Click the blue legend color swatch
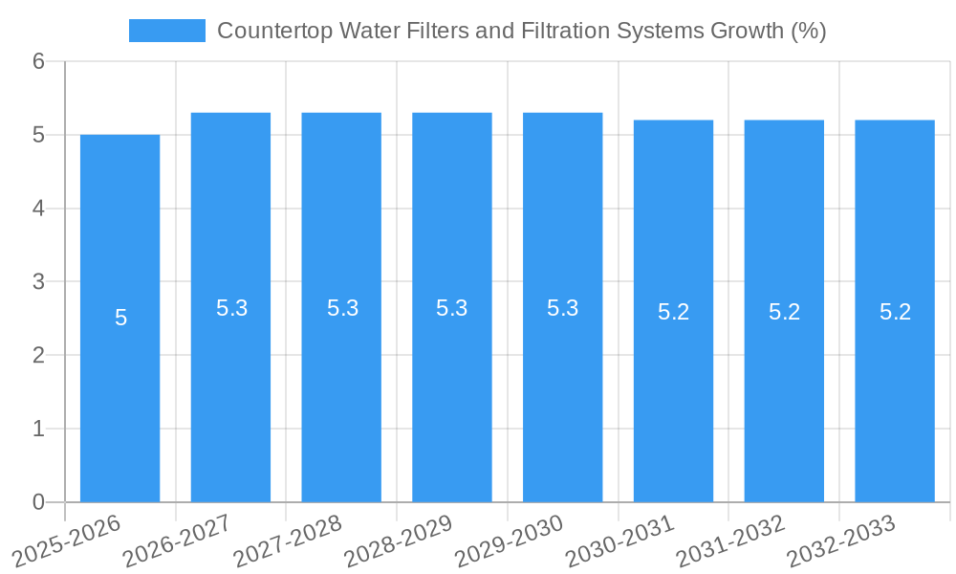166,31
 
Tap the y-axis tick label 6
38,62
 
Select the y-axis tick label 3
38,282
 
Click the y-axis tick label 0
38,502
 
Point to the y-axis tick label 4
38,209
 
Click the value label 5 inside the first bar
120,319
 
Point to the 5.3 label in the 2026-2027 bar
231,308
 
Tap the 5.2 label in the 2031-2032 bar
784,312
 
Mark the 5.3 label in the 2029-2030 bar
562,308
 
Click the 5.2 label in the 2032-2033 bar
895,312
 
